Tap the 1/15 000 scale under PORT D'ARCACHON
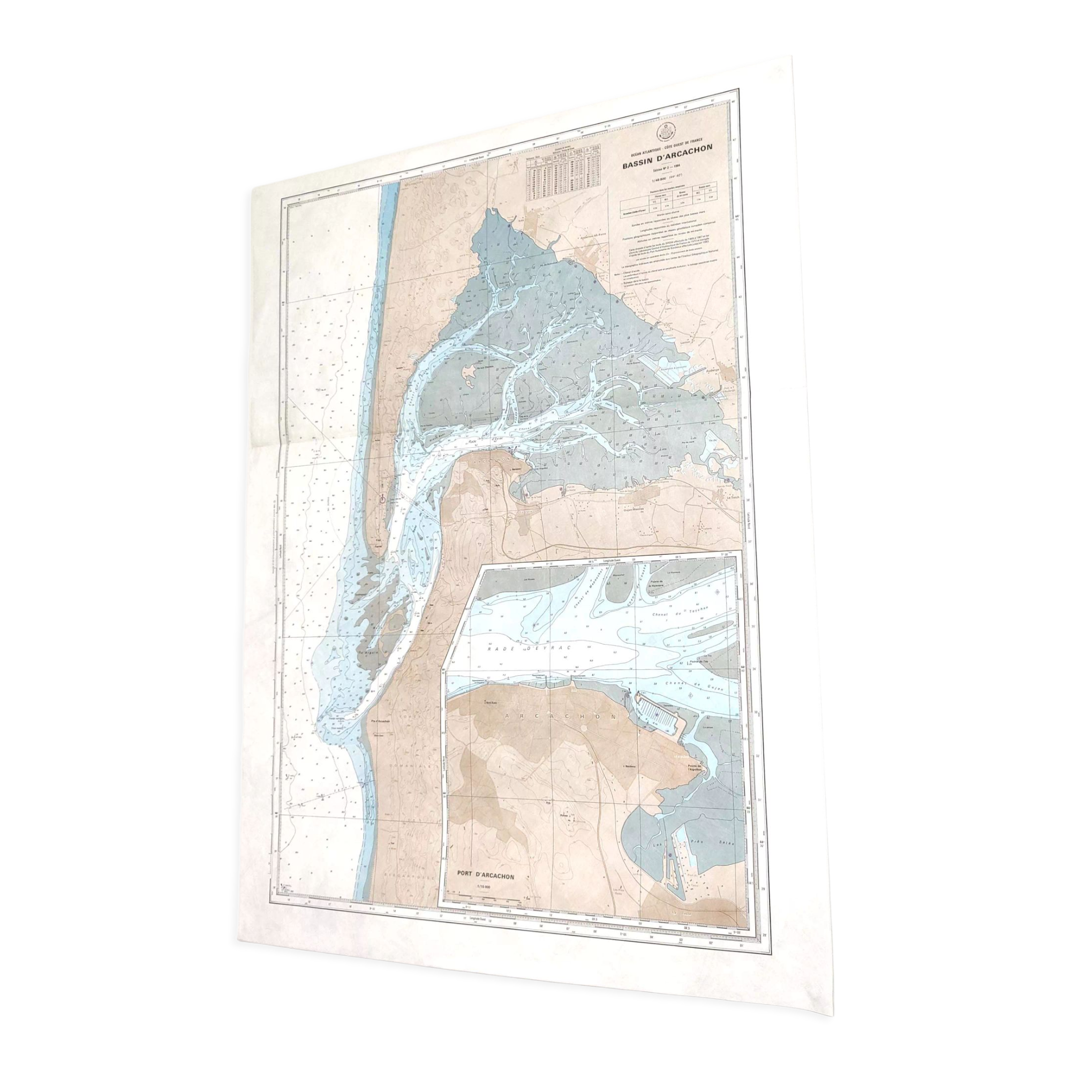[485, 887]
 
